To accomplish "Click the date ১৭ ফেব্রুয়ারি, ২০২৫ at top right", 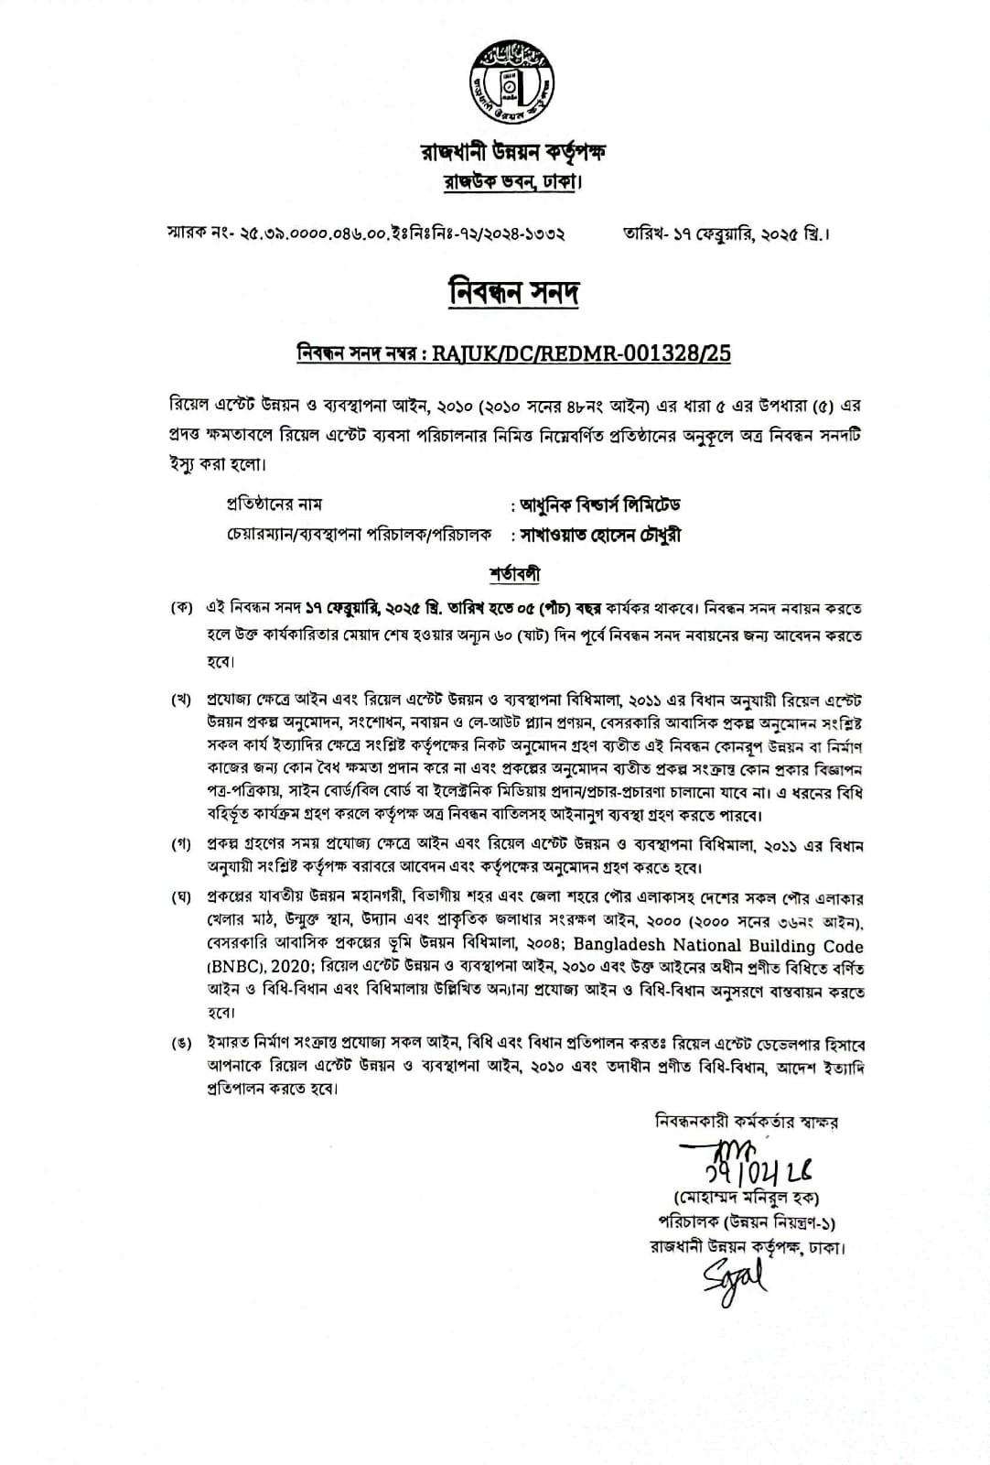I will point(726,233).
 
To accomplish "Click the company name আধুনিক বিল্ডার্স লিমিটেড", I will point(600,505).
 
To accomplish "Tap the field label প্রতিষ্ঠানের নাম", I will point(274,505).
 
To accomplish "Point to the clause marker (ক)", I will point(181,609).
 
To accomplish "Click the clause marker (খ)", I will point(181,700).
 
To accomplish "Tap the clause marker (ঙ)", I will point(181,1044).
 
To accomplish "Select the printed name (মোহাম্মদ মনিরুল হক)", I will point(746,1198).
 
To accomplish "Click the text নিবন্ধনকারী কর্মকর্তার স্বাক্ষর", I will point(747,1121).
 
